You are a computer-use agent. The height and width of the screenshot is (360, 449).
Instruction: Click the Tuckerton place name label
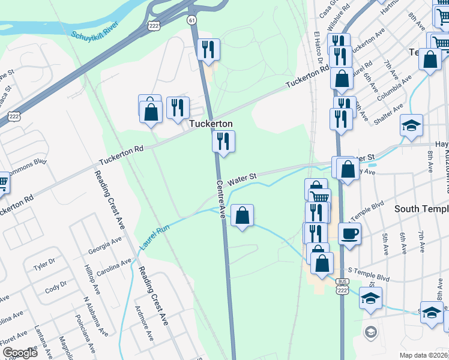click(x=211, y=124)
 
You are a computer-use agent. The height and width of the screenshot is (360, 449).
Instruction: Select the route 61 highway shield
click(x=191, y=20)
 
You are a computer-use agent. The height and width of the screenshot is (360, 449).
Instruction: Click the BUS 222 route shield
click(x=343, y=286)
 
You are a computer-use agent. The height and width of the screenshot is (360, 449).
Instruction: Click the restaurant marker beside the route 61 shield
click(x=208, y=50)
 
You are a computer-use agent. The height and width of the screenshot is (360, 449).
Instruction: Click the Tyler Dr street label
click(x=44, y=265)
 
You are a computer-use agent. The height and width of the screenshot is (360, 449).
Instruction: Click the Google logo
click(x=19, y=353)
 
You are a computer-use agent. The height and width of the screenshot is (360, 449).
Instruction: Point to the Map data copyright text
click(x=423, y=355)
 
